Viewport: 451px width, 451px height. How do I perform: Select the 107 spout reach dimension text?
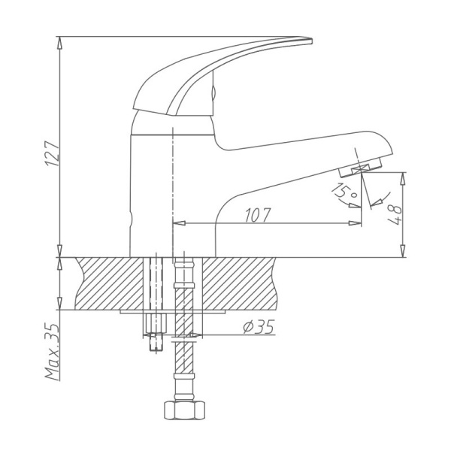(258, 213)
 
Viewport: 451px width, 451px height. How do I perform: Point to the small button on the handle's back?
(214, 93)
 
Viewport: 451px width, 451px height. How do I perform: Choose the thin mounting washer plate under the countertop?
(173, 311)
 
